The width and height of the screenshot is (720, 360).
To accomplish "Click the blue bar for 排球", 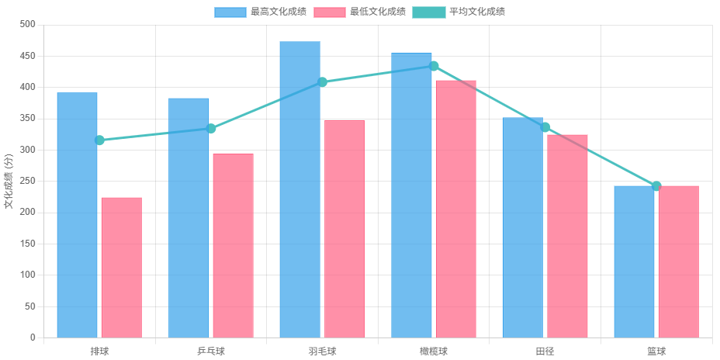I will [x=77, y=215].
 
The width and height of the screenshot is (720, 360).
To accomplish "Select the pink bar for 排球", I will [x=121, y=267].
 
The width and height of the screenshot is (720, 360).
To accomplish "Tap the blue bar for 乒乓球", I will [x=189, y=217].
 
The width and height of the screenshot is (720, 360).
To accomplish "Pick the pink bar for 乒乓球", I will [x=233, y=245].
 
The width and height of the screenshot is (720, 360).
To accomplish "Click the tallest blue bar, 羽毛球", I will [x=299, y=189].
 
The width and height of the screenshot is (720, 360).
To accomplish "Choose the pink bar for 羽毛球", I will [x=344, y=229].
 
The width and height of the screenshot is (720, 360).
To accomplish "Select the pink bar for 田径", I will [x=567, y=236].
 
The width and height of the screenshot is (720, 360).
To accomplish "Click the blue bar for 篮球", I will [x=634, y=261].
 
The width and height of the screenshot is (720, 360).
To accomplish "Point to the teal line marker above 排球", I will [x=99, y=140].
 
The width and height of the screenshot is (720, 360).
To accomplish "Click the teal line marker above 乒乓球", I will [x=211, y=129].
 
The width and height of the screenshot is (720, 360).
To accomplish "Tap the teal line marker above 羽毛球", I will [x=323, y=81].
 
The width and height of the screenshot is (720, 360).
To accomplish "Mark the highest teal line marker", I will [x=434, y=66].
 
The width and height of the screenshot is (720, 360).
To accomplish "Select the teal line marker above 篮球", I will [x=656, y=186].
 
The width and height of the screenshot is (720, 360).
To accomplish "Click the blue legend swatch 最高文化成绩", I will [x=230, y=12].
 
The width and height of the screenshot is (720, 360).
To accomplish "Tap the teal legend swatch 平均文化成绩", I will [x=428, y=12].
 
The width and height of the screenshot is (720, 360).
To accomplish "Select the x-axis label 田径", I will [x=545, y=351].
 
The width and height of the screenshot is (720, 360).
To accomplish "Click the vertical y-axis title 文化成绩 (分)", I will [x=9, y=182].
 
